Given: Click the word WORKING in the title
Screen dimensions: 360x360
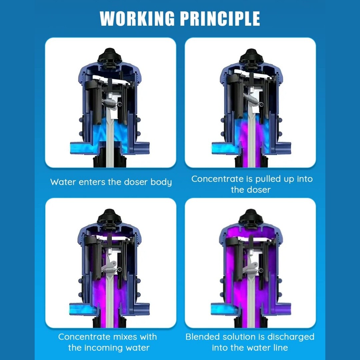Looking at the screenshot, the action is (x=137, y=18).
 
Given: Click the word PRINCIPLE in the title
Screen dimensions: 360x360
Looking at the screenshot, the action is (x=220, y=18).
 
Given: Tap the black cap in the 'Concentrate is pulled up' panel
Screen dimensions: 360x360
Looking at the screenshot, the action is (x=251, y=56).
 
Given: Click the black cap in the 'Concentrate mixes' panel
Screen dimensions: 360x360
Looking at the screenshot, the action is (x=110, y=217).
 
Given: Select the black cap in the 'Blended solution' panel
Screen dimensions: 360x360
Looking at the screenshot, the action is (x=251, y=217).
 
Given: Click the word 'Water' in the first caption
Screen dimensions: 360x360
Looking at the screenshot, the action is (x=63, y=182).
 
